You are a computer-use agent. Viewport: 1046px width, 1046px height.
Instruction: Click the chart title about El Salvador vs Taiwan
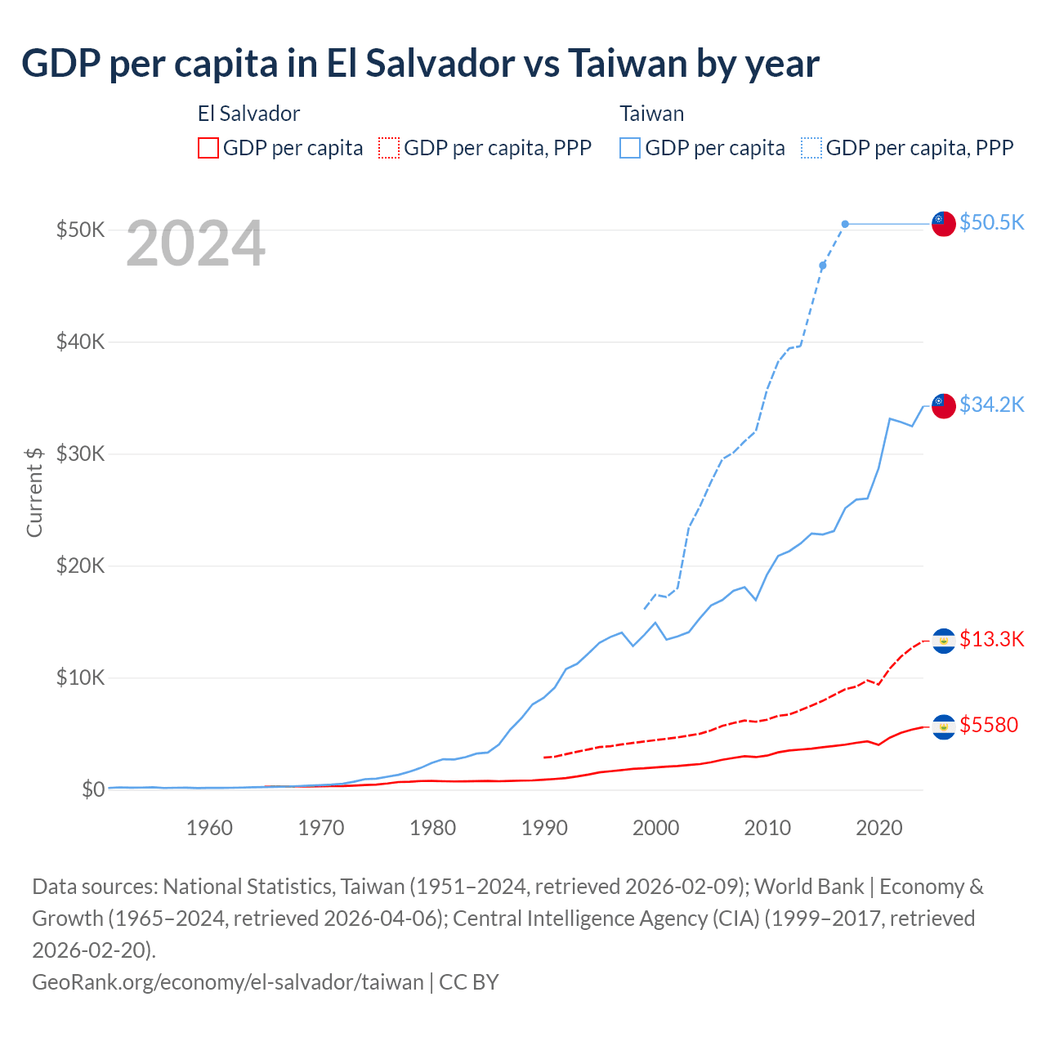420,64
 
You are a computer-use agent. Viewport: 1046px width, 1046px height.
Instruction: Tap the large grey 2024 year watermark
195,244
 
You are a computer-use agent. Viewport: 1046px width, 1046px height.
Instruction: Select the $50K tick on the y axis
80,230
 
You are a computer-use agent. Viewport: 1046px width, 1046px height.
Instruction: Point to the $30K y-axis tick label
80,454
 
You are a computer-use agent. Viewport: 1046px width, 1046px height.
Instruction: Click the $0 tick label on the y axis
92,789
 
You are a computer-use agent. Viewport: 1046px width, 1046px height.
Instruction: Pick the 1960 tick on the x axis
209,828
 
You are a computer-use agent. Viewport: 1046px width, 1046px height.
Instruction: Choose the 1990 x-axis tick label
544,828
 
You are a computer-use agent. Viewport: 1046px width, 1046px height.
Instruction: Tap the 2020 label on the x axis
878,828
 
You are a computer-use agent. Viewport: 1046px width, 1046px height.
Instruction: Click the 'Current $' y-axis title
34,492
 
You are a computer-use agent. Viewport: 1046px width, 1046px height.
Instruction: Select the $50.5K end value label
991,222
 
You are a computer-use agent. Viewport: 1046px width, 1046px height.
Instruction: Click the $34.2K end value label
991,405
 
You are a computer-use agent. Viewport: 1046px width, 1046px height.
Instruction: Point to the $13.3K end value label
991,639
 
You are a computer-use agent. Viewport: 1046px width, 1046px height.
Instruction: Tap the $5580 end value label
989,725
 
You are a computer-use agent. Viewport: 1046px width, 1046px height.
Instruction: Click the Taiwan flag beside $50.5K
944,223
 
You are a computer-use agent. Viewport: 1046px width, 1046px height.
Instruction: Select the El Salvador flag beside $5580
944,726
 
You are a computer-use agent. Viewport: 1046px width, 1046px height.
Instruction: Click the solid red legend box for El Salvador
208,148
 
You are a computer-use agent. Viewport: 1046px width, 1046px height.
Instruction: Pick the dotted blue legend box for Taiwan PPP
811,148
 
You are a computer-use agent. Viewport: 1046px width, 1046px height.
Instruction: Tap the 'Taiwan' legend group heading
651,114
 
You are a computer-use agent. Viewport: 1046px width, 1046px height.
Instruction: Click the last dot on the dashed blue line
845,224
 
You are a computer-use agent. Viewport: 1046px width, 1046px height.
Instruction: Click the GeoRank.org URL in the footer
228,981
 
